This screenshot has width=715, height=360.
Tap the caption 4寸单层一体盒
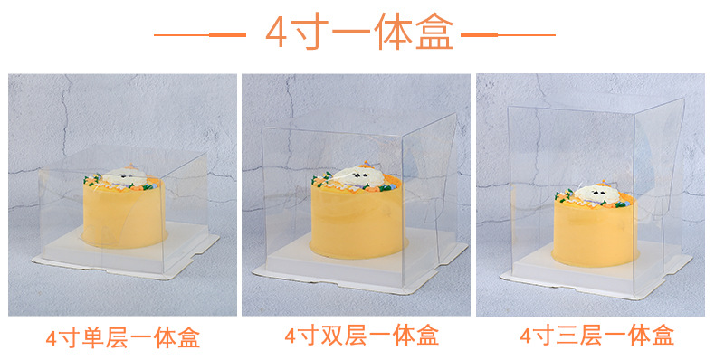click(122, 338)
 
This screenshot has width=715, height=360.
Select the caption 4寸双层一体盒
click(361, 336)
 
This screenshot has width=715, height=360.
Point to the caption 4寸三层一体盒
click(596, 336)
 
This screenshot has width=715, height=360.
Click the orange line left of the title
click(199, 35)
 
